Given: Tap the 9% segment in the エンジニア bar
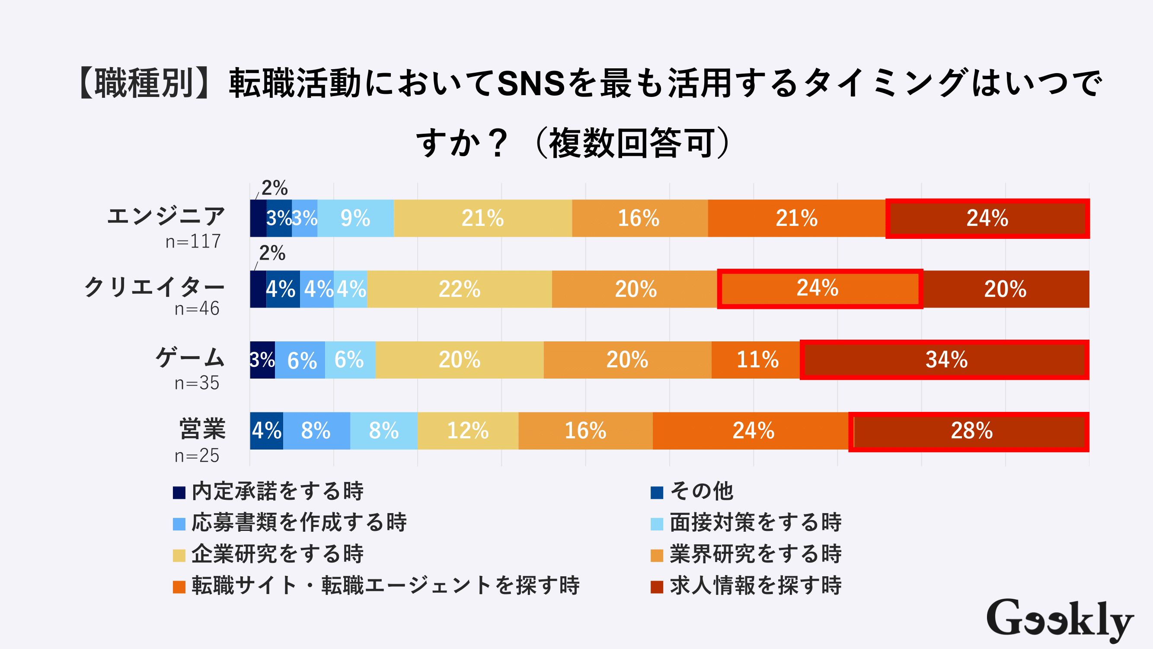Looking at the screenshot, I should pyautogui.click(x=355, y=218).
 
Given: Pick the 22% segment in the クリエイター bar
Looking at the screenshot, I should pyautogui.click(x=459, y=289).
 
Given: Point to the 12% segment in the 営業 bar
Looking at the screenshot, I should pyautogui.click(x=468, y=431).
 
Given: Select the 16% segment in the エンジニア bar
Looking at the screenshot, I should pyautogui.click(x=639, y=218).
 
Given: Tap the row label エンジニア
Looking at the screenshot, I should pyautogui.click(x=166, y=216).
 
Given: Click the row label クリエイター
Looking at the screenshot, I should pyautogui.click(x=154, y=287).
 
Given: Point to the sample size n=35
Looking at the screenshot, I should pyautogui.click(x=197, y=383).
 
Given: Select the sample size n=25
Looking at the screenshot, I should pyautogui.click(x=197, y=456).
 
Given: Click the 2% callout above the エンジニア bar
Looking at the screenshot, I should pyautogui.click(x=275, y=188).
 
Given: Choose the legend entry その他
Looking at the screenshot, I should pyautogui.click(x=701, y=492).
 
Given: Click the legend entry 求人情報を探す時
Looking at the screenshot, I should pyautogui.click(x=755, y=586).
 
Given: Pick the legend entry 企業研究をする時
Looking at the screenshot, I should pyautogui.click(x=278, y=554).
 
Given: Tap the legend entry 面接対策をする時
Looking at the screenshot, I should pyautogui.click(x=755, y=523).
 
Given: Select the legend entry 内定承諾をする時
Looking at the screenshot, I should pyautogui.click(x=278, y=492).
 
